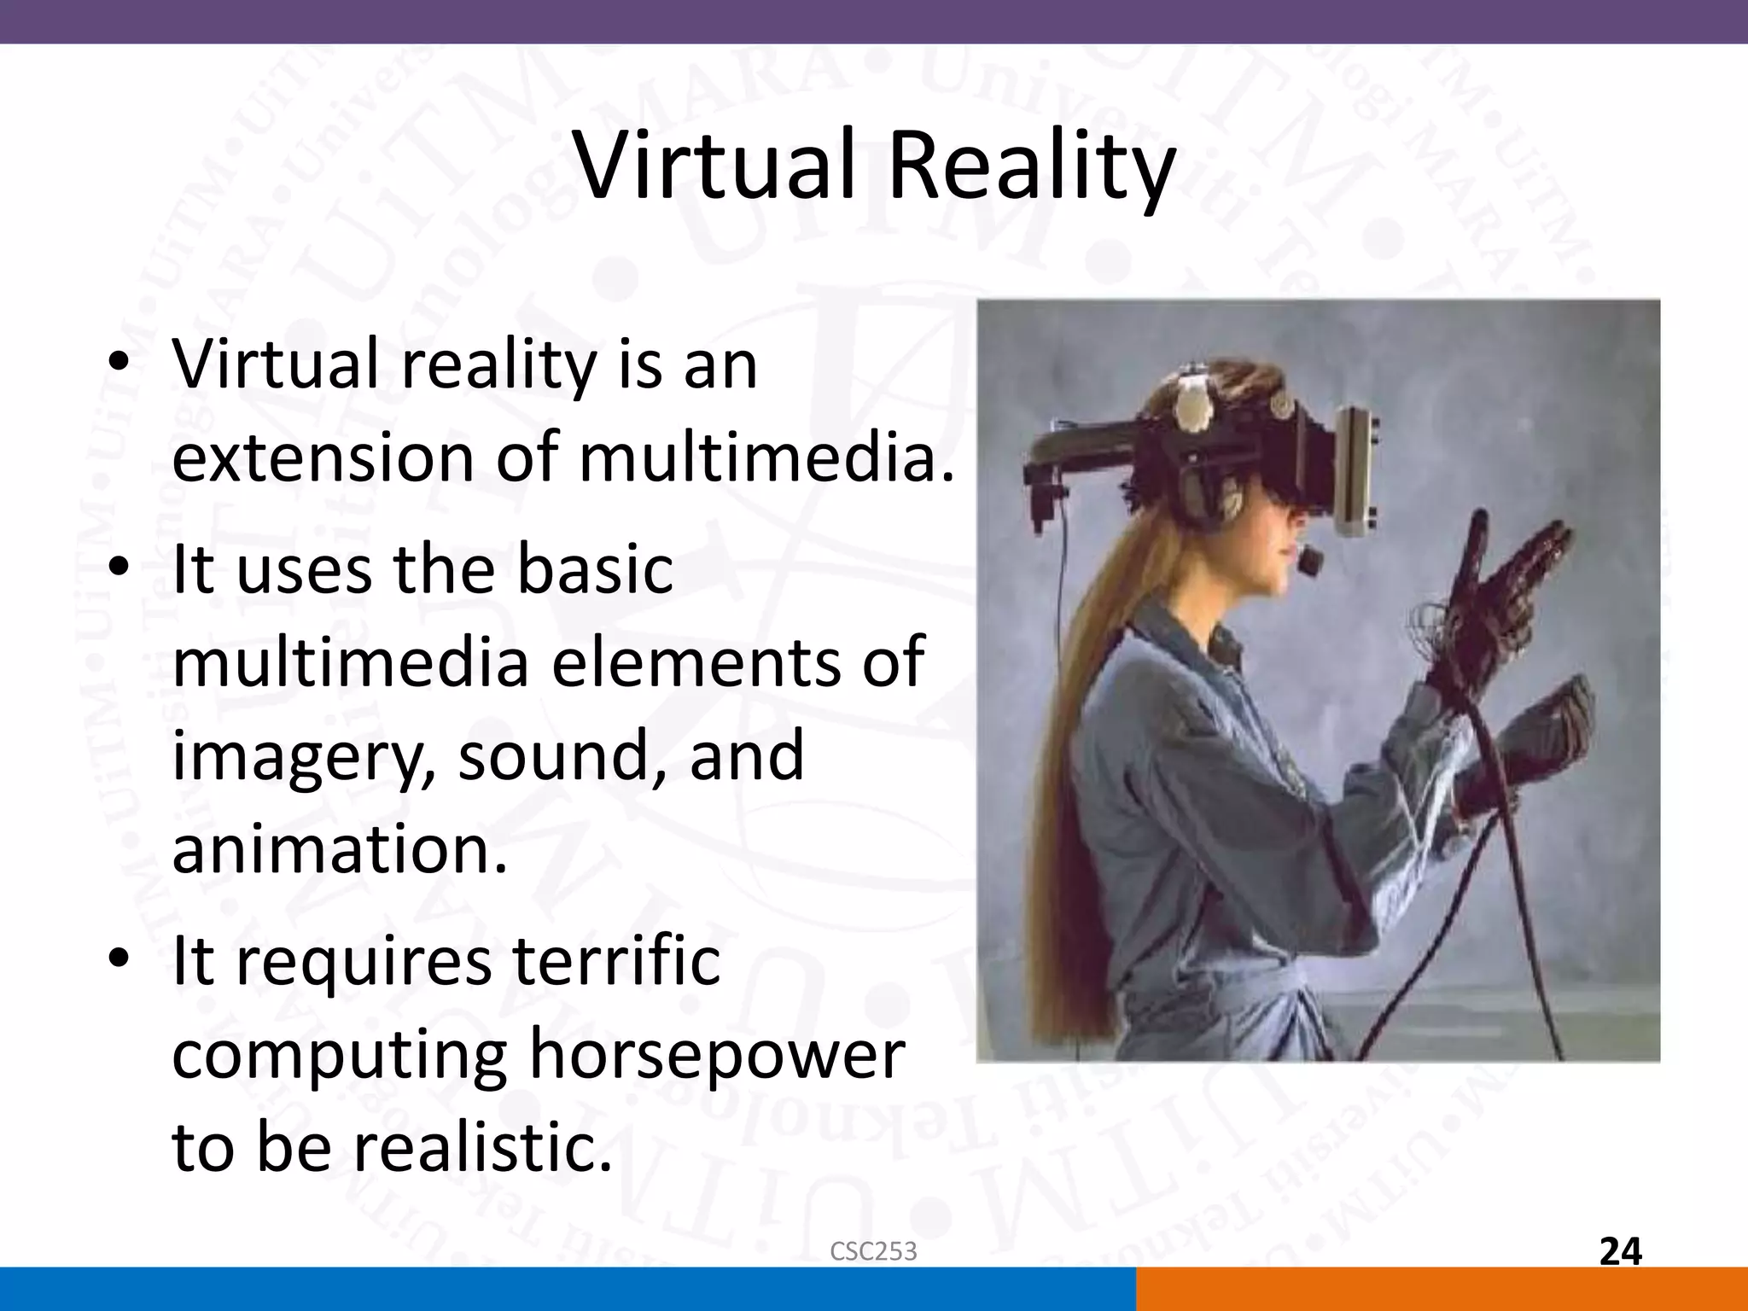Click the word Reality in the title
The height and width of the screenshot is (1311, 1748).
point(1031,171)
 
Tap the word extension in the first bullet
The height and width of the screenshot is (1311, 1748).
point(322,457)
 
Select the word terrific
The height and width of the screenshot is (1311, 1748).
point(607,960)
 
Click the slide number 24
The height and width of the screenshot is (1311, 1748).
point(1620,1252)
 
